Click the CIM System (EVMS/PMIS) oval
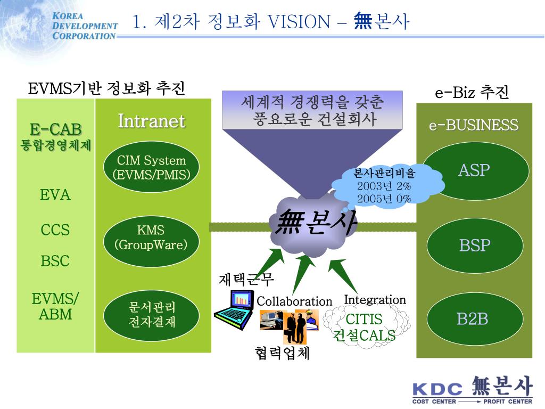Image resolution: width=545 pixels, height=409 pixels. tap(151, 167)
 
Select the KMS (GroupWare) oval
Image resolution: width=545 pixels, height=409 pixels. tap(151, 238)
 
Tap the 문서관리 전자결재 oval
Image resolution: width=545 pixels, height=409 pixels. tap(151, 315)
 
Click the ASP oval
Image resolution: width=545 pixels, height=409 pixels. tap(474, 171)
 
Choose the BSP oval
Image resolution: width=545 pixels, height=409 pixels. tap(474, 246)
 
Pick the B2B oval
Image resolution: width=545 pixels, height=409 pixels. tap(473, 319)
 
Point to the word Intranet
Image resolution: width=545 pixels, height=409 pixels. tap(151, 121)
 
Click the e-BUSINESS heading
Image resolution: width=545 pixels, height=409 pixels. tap(474, 125)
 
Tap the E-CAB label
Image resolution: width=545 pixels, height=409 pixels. tap(55, 129)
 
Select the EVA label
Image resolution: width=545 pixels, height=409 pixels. tap(55, 195)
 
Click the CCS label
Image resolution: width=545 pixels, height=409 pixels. tap(55, 230)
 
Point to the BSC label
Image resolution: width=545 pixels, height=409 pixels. tap(55, 261)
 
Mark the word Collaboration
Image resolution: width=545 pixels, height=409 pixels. tap(294, 301)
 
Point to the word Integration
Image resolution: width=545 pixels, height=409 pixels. tap(375, 300)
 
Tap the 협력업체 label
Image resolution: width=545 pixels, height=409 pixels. tap(282, 353)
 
